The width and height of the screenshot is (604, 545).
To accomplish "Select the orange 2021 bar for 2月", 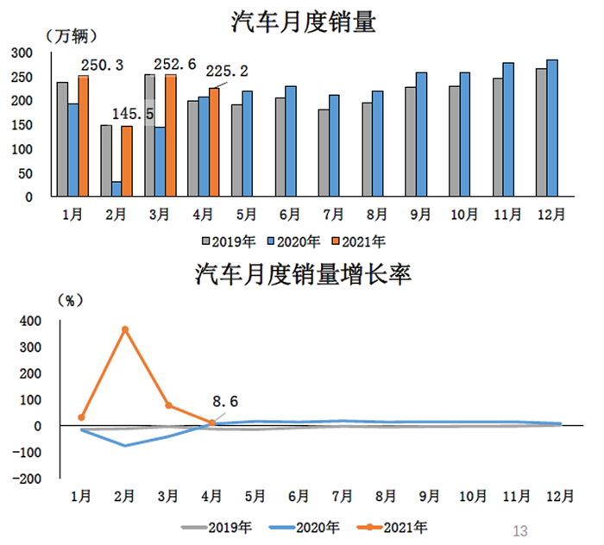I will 127,161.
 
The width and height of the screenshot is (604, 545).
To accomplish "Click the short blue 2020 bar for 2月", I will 116,189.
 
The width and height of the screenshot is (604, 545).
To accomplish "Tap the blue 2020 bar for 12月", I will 552,128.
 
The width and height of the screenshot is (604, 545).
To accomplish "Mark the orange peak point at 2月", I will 125,329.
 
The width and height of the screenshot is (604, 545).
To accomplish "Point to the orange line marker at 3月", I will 168,405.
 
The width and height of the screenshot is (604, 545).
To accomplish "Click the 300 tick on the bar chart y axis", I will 22,53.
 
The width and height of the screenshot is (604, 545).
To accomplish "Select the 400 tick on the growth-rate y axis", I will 29,321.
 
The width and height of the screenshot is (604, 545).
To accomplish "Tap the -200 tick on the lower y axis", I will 26,479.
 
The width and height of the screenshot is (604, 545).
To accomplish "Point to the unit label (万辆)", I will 70,36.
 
